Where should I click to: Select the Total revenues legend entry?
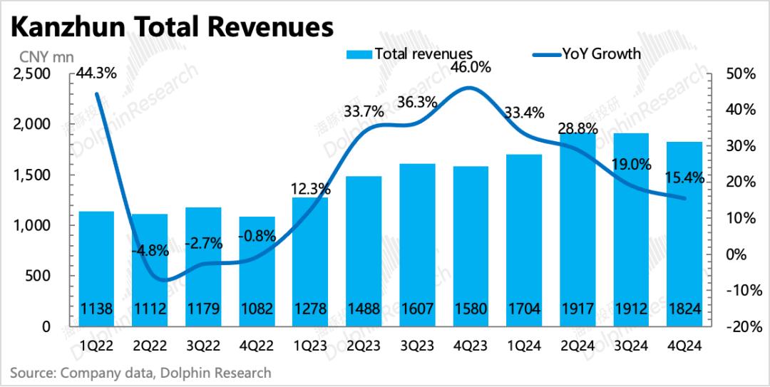(410, 53)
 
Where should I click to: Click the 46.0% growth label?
(471, 68)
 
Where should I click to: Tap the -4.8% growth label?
(150, 250)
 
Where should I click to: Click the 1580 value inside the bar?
(471, 310)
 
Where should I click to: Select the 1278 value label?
(310, 310)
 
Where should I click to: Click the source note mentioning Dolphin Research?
(140, 373)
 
